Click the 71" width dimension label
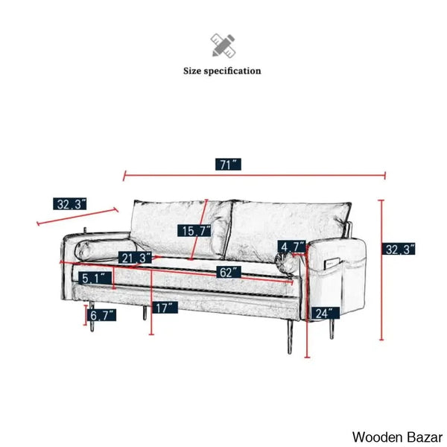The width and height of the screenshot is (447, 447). click(228, 165)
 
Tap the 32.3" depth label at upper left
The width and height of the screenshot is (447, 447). click(70, 204)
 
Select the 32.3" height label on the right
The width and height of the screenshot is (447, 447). click(399, 249)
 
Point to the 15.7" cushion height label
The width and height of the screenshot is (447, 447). click(194, 231)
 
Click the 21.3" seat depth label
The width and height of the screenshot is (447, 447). click(136, 258)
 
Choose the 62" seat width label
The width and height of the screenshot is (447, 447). click(229, 272)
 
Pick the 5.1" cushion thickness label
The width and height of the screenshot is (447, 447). click(95, 278)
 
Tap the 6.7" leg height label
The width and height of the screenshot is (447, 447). click(102, 315)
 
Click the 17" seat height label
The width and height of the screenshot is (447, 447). click(165, 307)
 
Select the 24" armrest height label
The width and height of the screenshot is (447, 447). click(326, 313)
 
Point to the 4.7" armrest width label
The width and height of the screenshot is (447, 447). click(291, 247)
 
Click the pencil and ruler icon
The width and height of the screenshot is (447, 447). click(223, 45)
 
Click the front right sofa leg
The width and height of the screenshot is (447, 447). click(290, 337)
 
